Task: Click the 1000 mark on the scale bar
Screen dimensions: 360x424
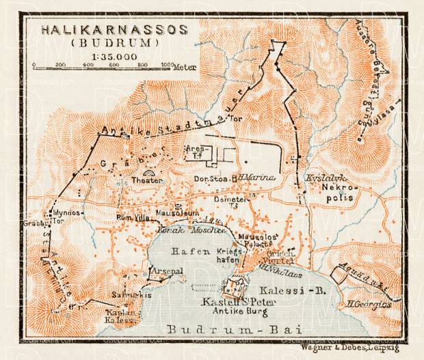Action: pos(167,65)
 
